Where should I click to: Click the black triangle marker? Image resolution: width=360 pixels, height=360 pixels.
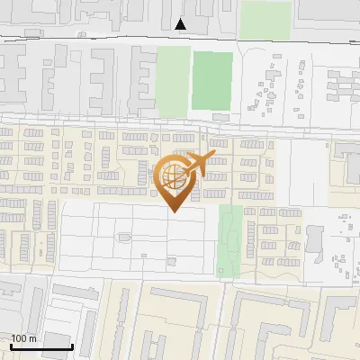[x=181, y=24]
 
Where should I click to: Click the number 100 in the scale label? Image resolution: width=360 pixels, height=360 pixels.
[x=19, y=339]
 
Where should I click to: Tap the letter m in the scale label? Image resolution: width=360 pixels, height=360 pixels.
[x=31, y=339]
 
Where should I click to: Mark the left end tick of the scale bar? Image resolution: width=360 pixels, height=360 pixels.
[x=12, y=346]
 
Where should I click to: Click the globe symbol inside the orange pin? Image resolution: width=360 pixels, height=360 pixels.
[x=171, y=173]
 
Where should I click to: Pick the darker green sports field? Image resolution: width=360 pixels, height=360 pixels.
[x=212, y=80]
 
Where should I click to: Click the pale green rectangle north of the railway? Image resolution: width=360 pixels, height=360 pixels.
[x=265, y=19]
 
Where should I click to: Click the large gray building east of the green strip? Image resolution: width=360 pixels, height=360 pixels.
[x=315, y=238]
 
